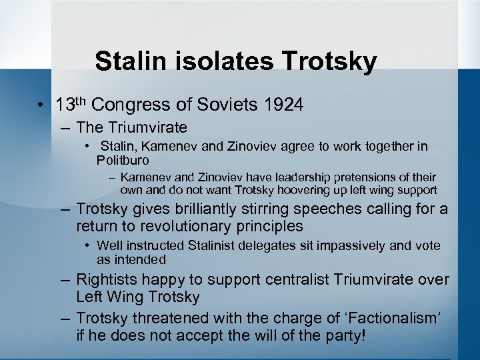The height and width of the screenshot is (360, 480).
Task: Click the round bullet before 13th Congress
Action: (41, 105)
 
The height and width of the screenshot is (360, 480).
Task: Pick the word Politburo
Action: (123, 160)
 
